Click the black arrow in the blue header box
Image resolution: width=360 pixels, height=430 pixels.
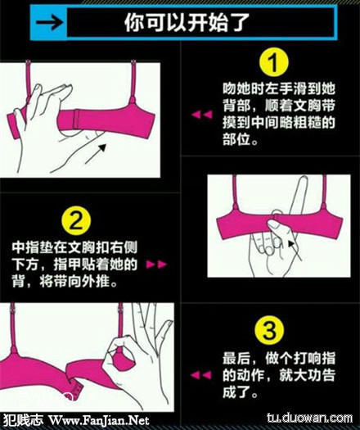pos(50,22)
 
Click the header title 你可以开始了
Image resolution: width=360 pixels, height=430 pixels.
pos(187,22)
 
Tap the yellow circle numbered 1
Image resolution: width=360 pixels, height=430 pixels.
pos(274,62)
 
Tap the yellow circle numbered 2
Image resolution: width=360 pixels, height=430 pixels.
pos(76,220)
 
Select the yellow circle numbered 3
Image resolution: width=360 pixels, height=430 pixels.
pos(269,330)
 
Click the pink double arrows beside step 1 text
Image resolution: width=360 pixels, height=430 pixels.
pos(202,115)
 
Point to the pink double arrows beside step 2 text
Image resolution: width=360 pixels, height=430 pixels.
pos(156,265)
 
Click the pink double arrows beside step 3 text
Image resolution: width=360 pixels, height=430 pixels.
pos(200,374)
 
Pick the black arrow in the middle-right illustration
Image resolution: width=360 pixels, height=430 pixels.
pos(295,250)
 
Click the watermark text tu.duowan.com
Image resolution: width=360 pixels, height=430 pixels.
pos(310,418)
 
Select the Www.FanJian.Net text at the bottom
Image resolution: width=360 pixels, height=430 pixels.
pos(99,420)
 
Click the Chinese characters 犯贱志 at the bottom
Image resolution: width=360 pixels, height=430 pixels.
pos(24,420)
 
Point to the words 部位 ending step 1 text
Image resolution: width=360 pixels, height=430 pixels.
pos(237,139)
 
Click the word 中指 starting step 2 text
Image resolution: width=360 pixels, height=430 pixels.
pos(25,247)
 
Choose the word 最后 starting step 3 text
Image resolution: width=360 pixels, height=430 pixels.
pos(236,359)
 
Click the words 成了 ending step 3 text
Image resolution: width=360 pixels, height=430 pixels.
pos(236,392)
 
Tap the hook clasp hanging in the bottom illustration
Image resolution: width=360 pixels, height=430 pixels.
pos(76,388)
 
